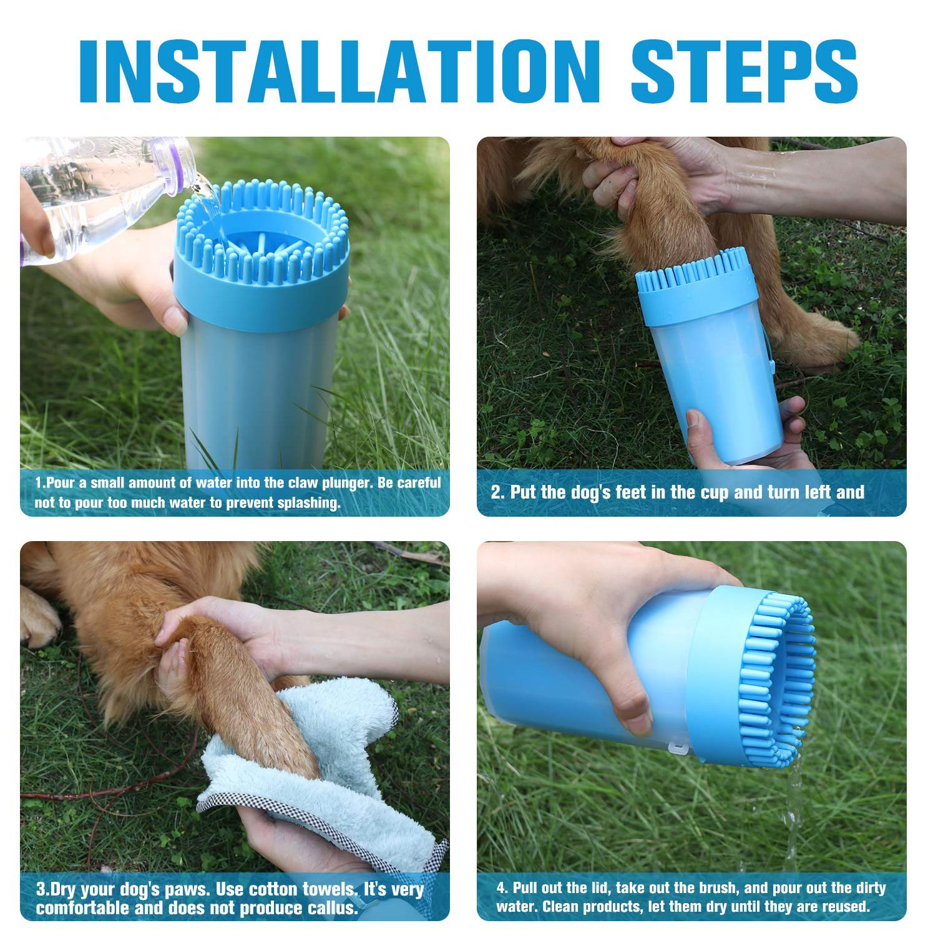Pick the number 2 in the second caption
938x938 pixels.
tap(497, 492)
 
